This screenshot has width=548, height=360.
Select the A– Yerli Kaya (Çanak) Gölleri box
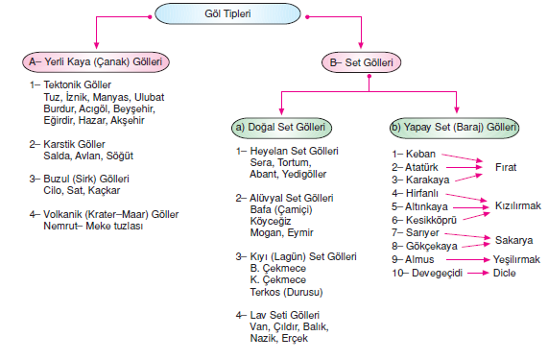(x=97, y=62)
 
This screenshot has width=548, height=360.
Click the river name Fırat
(x=506, y=166)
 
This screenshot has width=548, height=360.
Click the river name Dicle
(x=506, y=273)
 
